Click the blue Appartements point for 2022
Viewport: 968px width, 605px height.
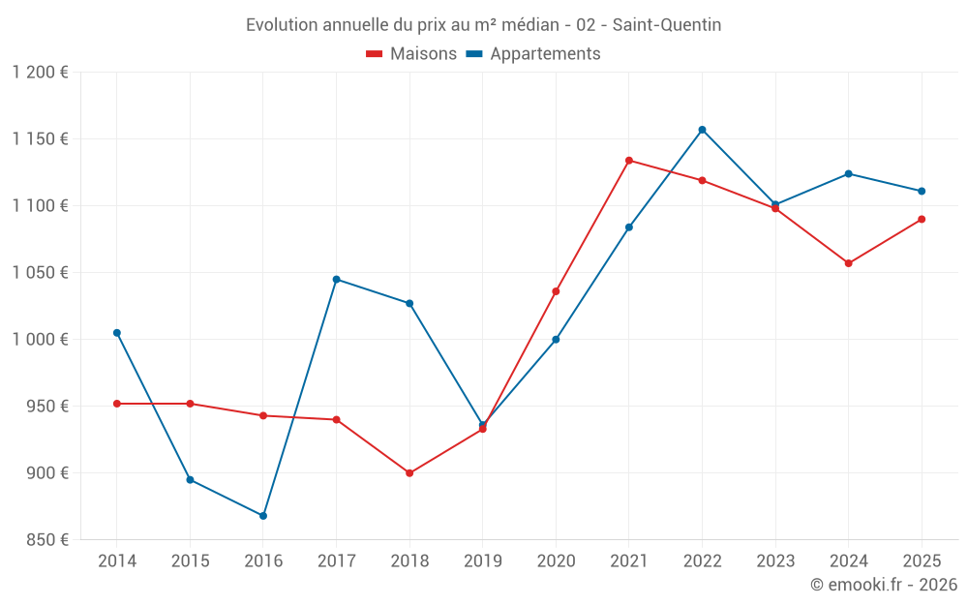click(x=702, y=130)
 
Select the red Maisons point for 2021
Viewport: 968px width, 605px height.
click(x=629, y=161)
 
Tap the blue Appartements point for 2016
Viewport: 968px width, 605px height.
click(x=263, y=516)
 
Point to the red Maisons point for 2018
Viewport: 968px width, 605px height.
click(x=409, y=473)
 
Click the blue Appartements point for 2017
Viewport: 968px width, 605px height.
click(x=336, y=279)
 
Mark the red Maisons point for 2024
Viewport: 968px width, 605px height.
click(x=849, y=263)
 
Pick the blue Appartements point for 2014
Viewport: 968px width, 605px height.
click(x=117, y=333)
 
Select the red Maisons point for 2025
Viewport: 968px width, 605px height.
click(x=922, y=219)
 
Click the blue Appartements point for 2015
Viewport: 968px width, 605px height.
click(x=190, y=480)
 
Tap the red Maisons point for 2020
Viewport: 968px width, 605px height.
click(x=556, y=291)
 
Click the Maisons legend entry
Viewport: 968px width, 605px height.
click(x=411, y=54)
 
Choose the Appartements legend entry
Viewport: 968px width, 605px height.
click(x=533, y=54)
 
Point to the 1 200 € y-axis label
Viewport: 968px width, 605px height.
click(x=41, y=73)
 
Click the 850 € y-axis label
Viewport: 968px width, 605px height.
click(x=49, y=540)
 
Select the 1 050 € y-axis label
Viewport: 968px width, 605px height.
click(x=41, y=273)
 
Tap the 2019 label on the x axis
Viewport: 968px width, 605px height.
click(x=483, y=561)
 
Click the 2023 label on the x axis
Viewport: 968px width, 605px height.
click(x=775, y=561)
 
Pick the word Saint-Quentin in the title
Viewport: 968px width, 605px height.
click(x=667, y=25)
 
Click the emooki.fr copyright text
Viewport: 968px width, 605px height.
click(x=883, y=585)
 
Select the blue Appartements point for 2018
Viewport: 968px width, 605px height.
click(x=409, y=304)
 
